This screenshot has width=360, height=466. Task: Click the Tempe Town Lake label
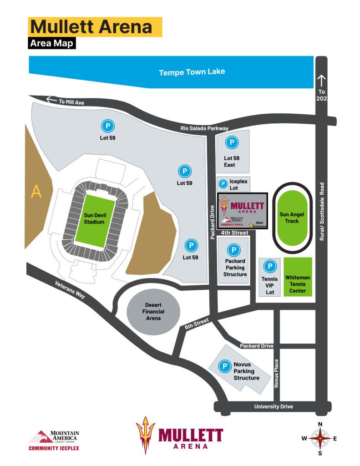coord(192,72)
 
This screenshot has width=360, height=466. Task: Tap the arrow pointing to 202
coord(321,81)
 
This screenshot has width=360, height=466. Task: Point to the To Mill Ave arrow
coord(51,100)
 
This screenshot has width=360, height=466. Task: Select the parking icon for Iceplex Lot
coord(223,184)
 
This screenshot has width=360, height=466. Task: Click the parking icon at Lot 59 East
coord(232,143)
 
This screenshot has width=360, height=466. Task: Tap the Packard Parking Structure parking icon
coord(234,250)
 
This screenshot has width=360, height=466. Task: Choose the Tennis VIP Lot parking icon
coord(270,266)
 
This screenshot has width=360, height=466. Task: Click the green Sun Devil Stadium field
coord(94,218)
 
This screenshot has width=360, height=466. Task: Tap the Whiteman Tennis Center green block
coord(298,277)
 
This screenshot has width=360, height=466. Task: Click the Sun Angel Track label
coord(292,218)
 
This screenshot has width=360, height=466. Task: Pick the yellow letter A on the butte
coord(36,192)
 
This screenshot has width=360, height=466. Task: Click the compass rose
coord(320,439)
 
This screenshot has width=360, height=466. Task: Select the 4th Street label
coord(235,233)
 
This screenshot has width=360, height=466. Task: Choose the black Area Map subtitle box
coord(51,43)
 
